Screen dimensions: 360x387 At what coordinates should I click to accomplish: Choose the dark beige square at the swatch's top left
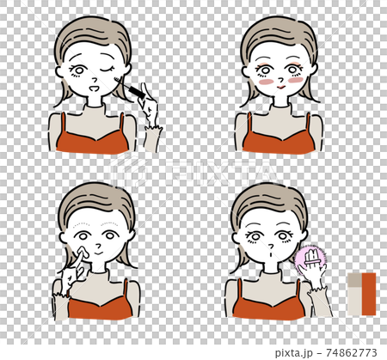click(x=355, y=279)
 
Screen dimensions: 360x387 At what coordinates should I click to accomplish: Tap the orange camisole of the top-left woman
click(x=92, y=140)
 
